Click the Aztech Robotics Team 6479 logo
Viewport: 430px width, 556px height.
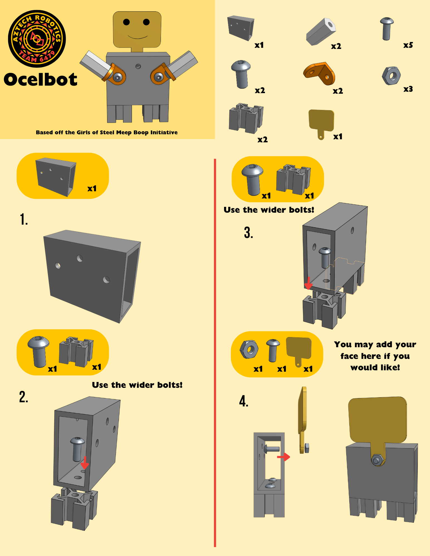coord(37,39)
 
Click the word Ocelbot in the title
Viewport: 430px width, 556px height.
coord(40,80)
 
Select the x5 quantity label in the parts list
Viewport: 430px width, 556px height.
coord(408,45)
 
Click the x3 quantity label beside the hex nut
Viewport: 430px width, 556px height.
coord(408,89)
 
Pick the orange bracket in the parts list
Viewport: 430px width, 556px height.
coord(319,73)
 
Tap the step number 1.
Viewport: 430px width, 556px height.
coord(24,219)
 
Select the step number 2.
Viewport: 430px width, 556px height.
coord(24,397)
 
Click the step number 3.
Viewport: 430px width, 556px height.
coord(249,232)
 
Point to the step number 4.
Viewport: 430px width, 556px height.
coord(244,401)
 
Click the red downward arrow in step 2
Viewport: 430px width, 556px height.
coord(85,463)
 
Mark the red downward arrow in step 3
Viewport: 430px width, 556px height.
coord(308,283)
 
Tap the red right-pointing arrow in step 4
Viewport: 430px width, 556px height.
coord(284,456)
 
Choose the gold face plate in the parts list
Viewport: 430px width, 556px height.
coord(321,123)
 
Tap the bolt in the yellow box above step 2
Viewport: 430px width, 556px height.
coord(39,351)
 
